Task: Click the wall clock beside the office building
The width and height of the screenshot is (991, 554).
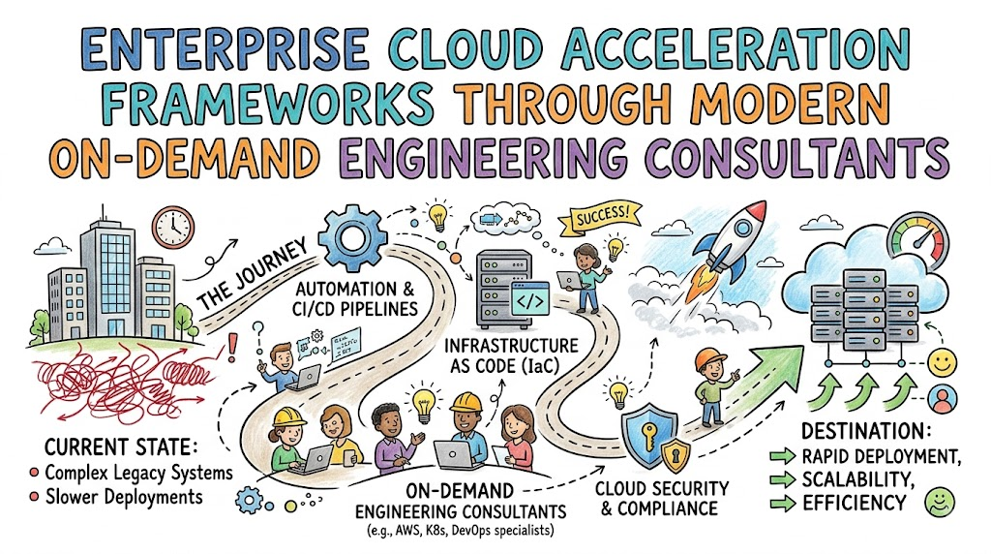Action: click(x=172, y=227)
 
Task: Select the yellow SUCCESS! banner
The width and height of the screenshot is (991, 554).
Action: click(x=600, y=218)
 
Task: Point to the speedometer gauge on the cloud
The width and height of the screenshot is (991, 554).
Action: click(x=917, y=241)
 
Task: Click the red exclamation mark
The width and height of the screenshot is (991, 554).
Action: click(x=233, y=348)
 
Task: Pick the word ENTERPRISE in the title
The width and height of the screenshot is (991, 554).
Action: click(x=225, y=50)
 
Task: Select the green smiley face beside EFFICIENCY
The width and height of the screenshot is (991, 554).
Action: click(x=939, y=502)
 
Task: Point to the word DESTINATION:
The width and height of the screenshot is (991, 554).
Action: click(x=866, y=431)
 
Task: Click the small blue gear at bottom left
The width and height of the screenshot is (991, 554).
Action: click(x=249, y=501)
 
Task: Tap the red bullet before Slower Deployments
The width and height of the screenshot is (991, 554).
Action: click(x=34, y=497)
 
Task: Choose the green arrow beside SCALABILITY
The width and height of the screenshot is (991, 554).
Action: click(x=782, y=480)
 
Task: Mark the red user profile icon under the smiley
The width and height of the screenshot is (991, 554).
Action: click(x=943, y=400)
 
